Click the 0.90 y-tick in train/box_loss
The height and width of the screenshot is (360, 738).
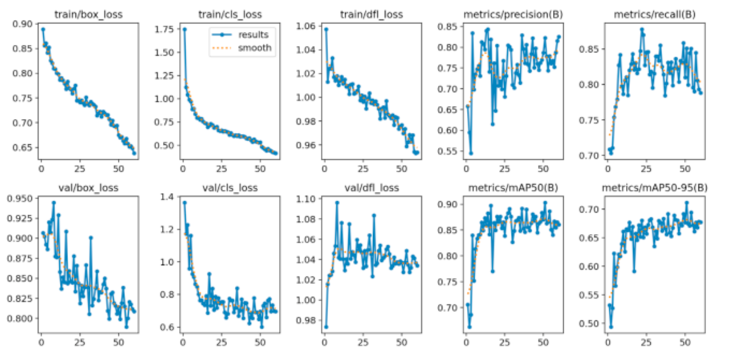pyautogui.click(x=23, y=24)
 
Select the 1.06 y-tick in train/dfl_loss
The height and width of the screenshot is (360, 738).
pyautogui.click(x=307, y=24)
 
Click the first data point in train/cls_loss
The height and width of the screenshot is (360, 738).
pyautogui.click(x=185, y=29)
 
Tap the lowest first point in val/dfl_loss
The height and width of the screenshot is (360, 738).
pyautogui.click(x=326, y=327)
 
